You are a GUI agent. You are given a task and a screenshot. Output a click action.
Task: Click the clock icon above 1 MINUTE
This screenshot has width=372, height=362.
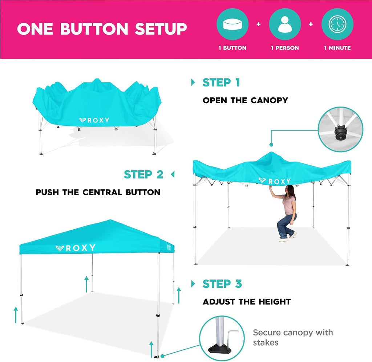pos(337,24)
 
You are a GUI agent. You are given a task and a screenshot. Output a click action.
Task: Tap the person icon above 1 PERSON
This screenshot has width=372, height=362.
pos(285,24)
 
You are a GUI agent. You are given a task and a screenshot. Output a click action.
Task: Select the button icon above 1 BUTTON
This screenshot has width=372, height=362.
pos(232,24)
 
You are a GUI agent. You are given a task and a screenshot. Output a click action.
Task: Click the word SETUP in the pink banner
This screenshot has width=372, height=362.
pos(161,29)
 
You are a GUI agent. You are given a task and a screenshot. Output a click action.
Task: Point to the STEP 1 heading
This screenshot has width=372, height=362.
pos(221,83)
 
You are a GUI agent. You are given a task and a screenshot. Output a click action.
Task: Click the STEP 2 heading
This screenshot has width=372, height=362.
pos(143,174)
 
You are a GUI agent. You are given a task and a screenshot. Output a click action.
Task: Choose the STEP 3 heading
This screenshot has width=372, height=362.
pos(222,283)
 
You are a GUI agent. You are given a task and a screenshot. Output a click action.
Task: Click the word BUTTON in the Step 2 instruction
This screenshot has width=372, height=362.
pos(143,192)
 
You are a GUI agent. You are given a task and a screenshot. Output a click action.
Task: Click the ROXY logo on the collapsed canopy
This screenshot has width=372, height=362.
pos(94,120)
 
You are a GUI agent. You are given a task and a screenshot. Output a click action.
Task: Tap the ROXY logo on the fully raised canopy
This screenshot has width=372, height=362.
pos(76,248)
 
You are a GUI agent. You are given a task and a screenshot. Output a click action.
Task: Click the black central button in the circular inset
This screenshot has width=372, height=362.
pos(340,131)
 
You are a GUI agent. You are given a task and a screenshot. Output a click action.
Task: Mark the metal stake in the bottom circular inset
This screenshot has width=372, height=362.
pos(231,339)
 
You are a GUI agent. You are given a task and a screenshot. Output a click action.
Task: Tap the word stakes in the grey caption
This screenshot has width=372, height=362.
pos(266,342)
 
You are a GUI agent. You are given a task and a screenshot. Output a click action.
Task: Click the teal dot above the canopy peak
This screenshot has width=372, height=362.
pos(271,145)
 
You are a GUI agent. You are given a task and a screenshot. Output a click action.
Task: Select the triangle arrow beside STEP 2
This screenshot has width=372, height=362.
pos(173,174)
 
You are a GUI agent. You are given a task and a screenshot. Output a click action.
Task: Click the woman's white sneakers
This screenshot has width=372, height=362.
pos(288,237)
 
